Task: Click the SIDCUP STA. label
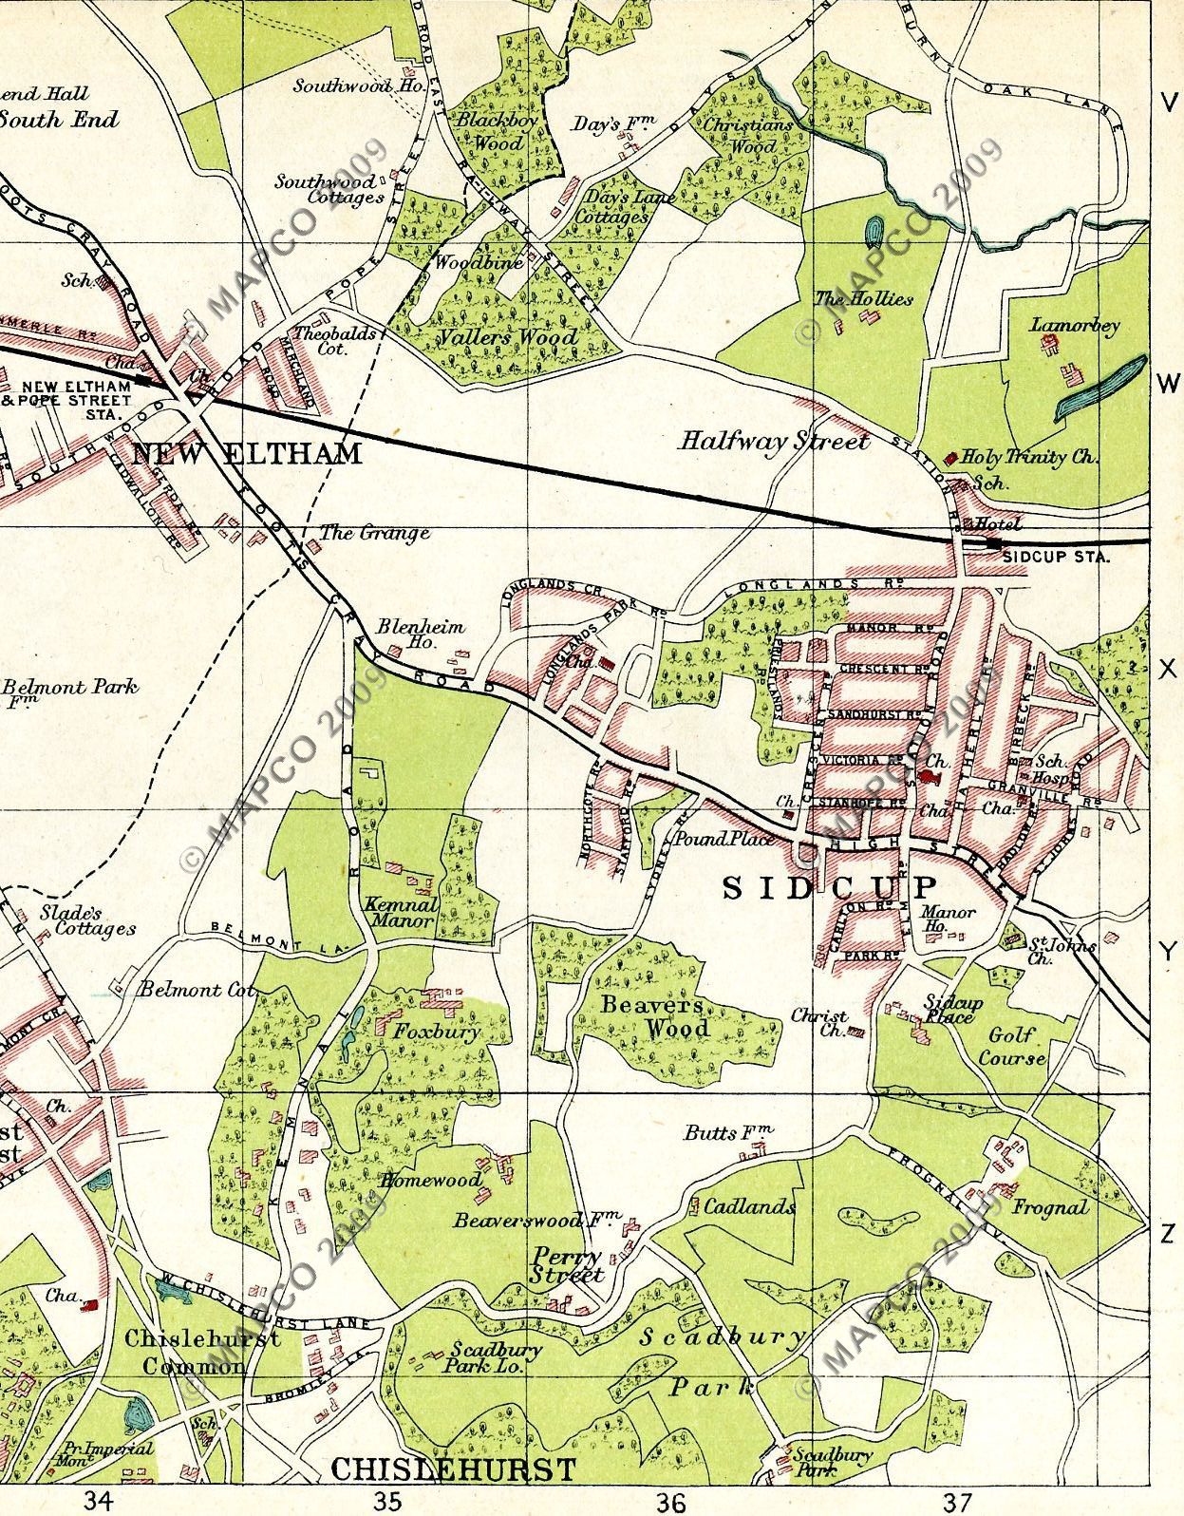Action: tap(1055, 558)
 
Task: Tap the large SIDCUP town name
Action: tap(830, 888)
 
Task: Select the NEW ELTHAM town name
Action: tap(247, 453)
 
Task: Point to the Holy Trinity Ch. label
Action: tap(1029, 457)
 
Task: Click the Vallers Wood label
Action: tap(508, 337)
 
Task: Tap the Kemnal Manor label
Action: tap(401, 913)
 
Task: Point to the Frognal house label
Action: tap(1050, 1208)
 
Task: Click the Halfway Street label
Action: tap(774, 441)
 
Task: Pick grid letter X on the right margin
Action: tap(1167, 670)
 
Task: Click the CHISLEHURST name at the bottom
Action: tap(454, 1469)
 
